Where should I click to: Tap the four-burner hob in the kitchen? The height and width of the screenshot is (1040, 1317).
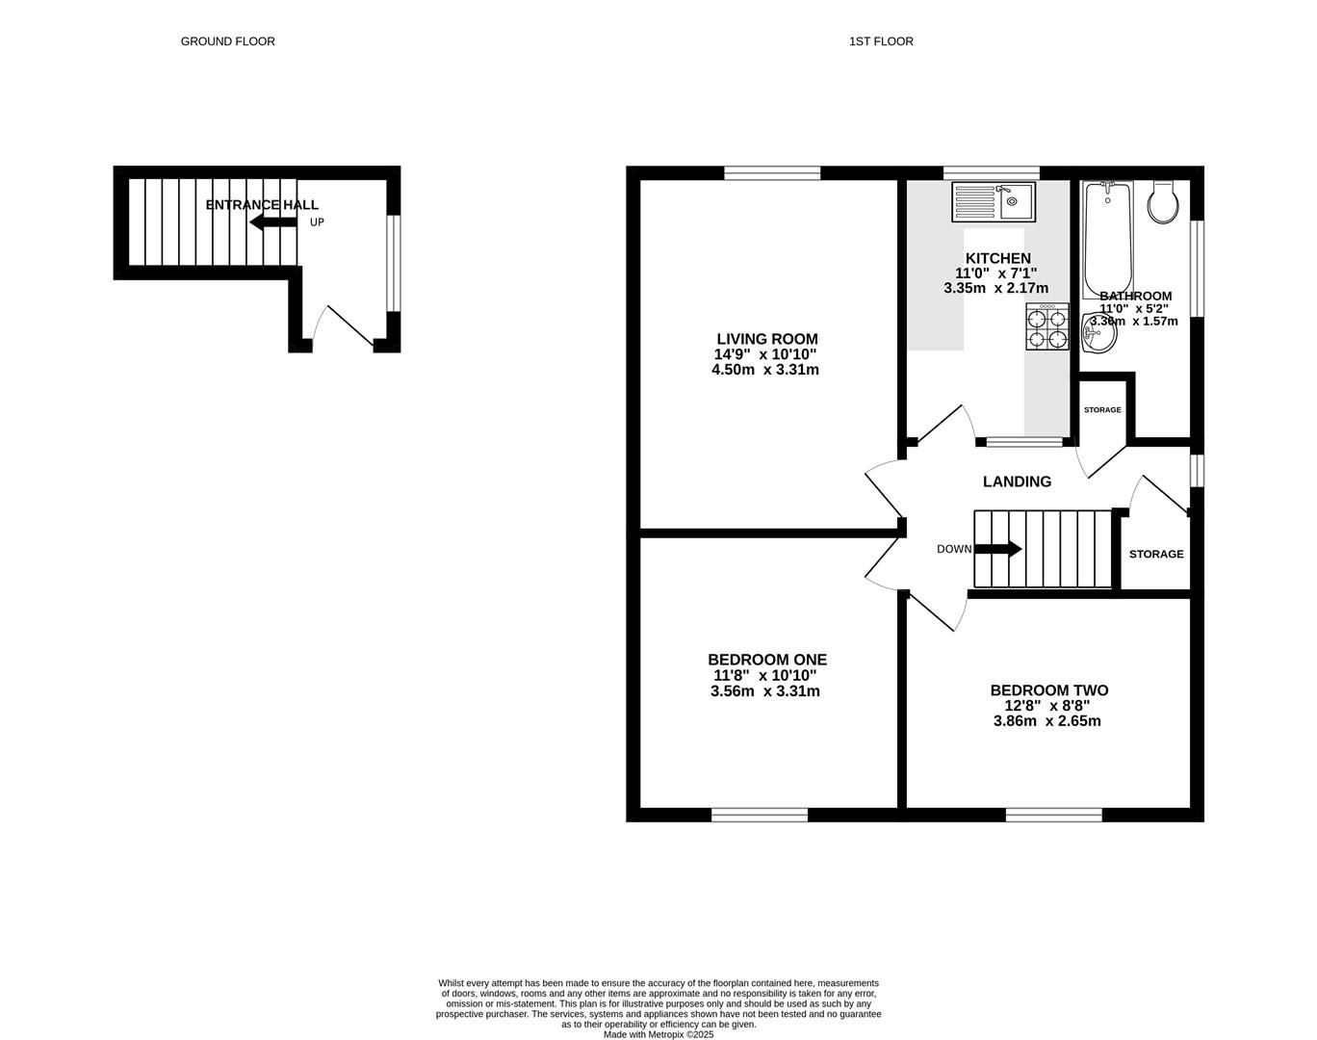1047,327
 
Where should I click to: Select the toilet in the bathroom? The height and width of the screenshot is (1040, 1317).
1163,202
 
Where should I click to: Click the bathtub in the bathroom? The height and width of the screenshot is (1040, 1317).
1108,239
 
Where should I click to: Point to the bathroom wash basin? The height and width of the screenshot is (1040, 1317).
1097,334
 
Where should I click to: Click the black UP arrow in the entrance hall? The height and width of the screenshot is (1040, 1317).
272,222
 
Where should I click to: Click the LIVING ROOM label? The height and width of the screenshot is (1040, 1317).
767,339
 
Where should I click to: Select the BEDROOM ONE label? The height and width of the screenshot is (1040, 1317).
767,660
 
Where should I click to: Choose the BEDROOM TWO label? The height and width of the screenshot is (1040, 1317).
1049,690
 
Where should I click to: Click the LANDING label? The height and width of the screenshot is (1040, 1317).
1017,481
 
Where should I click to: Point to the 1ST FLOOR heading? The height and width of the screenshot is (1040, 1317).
881,41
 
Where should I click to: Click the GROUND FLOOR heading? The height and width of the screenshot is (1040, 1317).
228,41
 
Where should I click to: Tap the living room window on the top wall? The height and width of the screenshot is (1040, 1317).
772,173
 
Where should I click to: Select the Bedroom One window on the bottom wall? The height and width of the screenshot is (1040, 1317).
760,815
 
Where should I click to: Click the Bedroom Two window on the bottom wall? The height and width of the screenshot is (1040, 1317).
1054,815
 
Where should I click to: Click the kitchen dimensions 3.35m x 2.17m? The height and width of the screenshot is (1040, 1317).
996,288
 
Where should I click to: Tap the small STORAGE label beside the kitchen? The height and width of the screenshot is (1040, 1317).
1102,410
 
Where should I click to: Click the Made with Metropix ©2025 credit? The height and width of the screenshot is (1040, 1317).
658,1035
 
